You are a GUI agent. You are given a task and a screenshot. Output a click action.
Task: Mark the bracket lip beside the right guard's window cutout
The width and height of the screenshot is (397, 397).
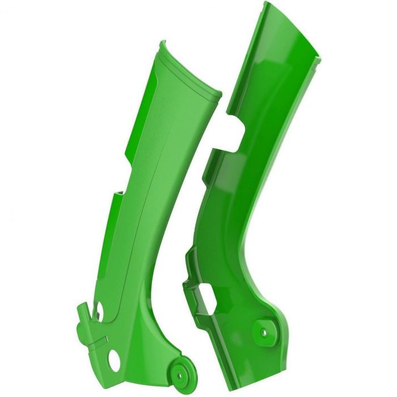point(190,284)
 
